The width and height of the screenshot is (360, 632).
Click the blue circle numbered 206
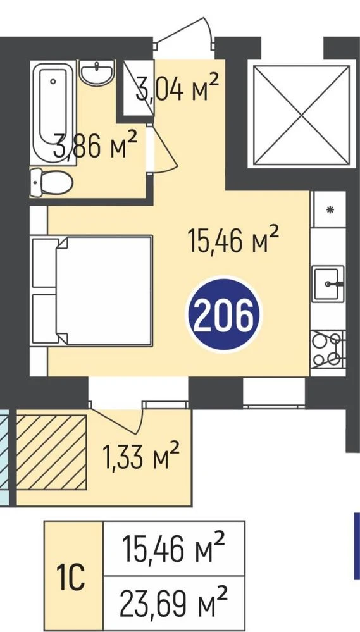pos(224,314)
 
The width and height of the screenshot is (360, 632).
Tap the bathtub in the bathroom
pos(53,113)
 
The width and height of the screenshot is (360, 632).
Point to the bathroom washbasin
pos(97,73)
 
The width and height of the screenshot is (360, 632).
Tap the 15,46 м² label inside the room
pos(233,239)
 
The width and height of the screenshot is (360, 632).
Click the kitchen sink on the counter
pos(328,284)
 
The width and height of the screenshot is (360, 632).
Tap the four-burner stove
pos(327,349)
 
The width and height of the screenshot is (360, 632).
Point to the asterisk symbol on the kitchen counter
pos(330,209)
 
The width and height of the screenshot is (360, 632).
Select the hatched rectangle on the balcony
pos(51,452)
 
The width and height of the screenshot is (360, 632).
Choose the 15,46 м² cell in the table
pos(174,548)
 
